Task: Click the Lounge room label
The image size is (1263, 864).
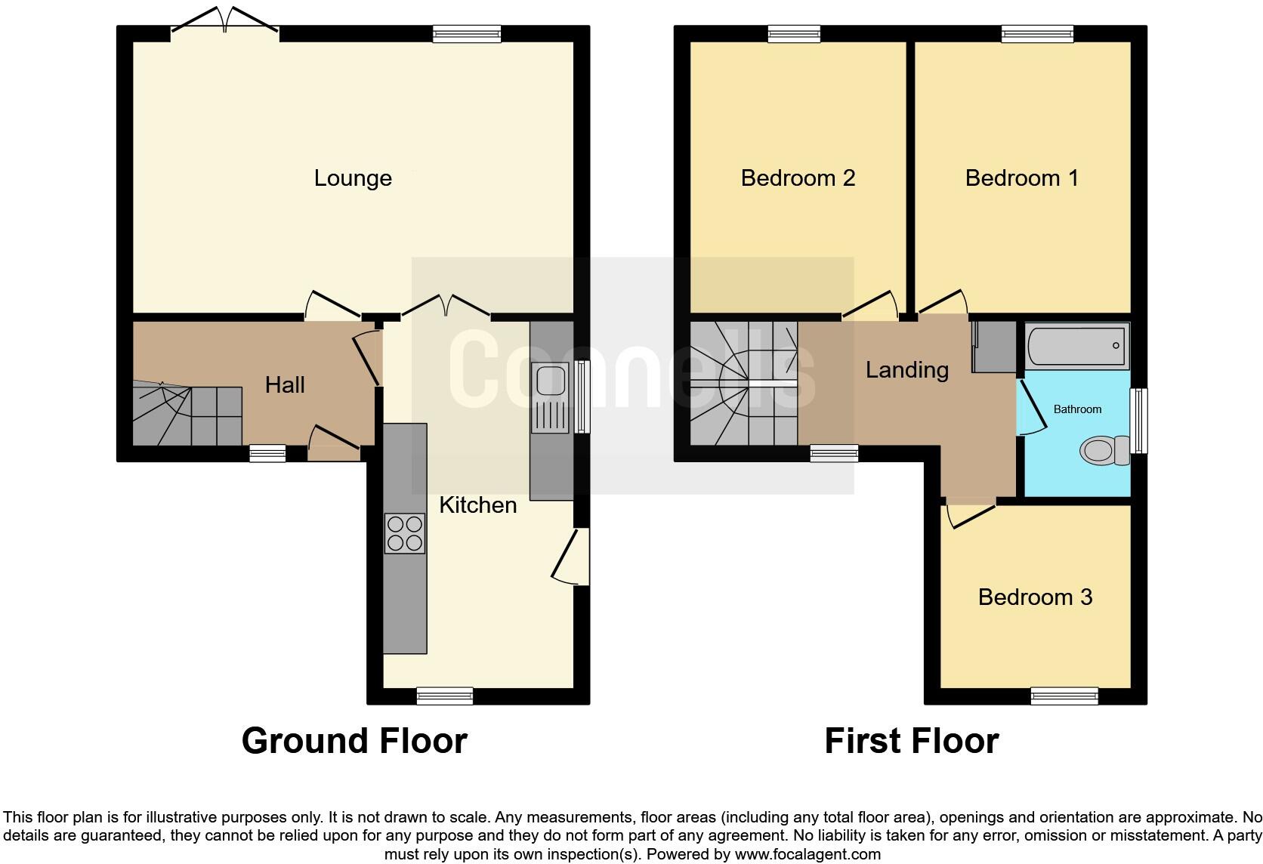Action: pos(353,178)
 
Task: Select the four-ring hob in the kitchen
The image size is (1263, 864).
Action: pos(404,533)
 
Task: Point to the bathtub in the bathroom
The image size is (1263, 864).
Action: pos(1076,347)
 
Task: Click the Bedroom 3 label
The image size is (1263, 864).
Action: pos(1035,597)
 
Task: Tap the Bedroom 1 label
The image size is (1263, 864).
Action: pos(1021,178)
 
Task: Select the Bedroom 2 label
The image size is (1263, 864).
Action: pos(798,178)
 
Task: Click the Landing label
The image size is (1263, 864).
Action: pos(906,370)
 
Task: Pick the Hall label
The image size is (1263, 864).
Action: pos(285,385)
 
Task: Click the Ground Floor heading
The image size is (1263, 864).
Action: pos(354,741)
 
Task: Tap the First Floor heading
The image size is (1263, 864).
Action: pos(911,741)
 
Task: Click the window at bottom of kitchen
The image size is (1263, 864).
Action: pos(445,696)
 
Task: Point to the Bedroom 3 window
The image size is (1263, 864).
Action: pos(1064,696)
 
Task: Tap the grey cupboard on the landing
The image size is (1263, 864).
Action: pos(995,347)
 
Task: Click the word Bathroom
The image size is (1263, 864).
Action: pos(1077,409)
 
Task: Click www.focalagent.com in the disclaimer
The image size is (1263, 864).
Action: pos(808,854)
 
